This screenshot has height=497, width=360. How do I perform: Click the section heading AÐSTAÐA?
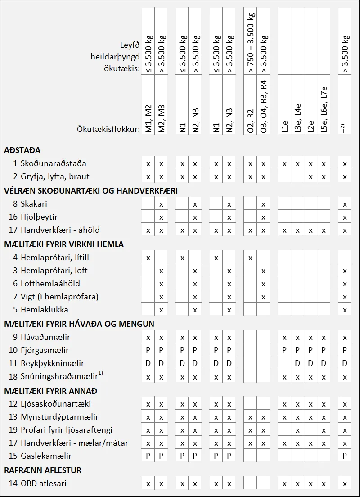click(x=22, y=150)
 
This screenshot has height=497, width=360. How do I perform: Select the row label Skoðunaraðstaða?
click(x=53, y=163)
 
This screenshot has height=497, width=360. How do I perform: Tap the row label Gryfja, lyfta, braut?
click(x=55, y=176)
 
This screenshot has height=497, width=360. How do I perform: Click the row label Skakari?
click(x=34, y=204)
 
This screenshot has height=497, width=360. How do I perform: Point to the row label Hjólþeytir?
click(x=39, y=217)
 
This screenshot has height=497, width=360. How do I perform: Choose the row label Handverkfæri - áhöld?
click(x=60, y=230)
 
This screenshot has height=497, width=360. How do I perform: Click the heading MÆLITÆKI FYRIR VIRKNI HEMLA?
click(x=64, y=244)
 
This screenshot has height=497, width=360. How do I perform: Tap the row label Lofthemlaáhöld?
click(x=49, y=284)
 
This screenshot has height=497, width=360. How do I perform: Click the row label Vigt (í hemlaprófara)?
click(x=59, y=297)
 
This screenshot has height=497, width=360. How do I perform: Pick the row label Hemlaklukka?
click(x=45, y=310)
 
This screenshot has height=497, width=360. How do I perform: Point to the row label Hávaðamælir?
click(x=45, y=337)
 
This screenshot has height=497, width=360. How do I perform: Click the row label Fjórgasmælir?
click(x=45, y=350)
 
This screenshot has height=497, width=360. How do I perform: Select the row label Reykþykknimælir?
click(x=52, y=363)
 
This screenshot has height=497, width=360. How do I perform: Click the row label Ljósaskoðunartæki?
click(x=56, y=404)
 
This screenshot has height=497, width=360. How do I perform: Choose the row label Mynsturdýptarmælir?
click(x=59, y=417)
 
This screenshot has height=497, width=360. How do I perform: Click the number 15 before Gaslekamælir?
click(x=13, y=456)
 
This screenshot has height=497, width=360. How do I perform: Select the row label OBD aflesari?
click(x=44, y=483)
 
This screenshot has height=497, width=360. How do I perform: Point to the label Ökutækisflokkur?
click(x=108, y=129)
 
